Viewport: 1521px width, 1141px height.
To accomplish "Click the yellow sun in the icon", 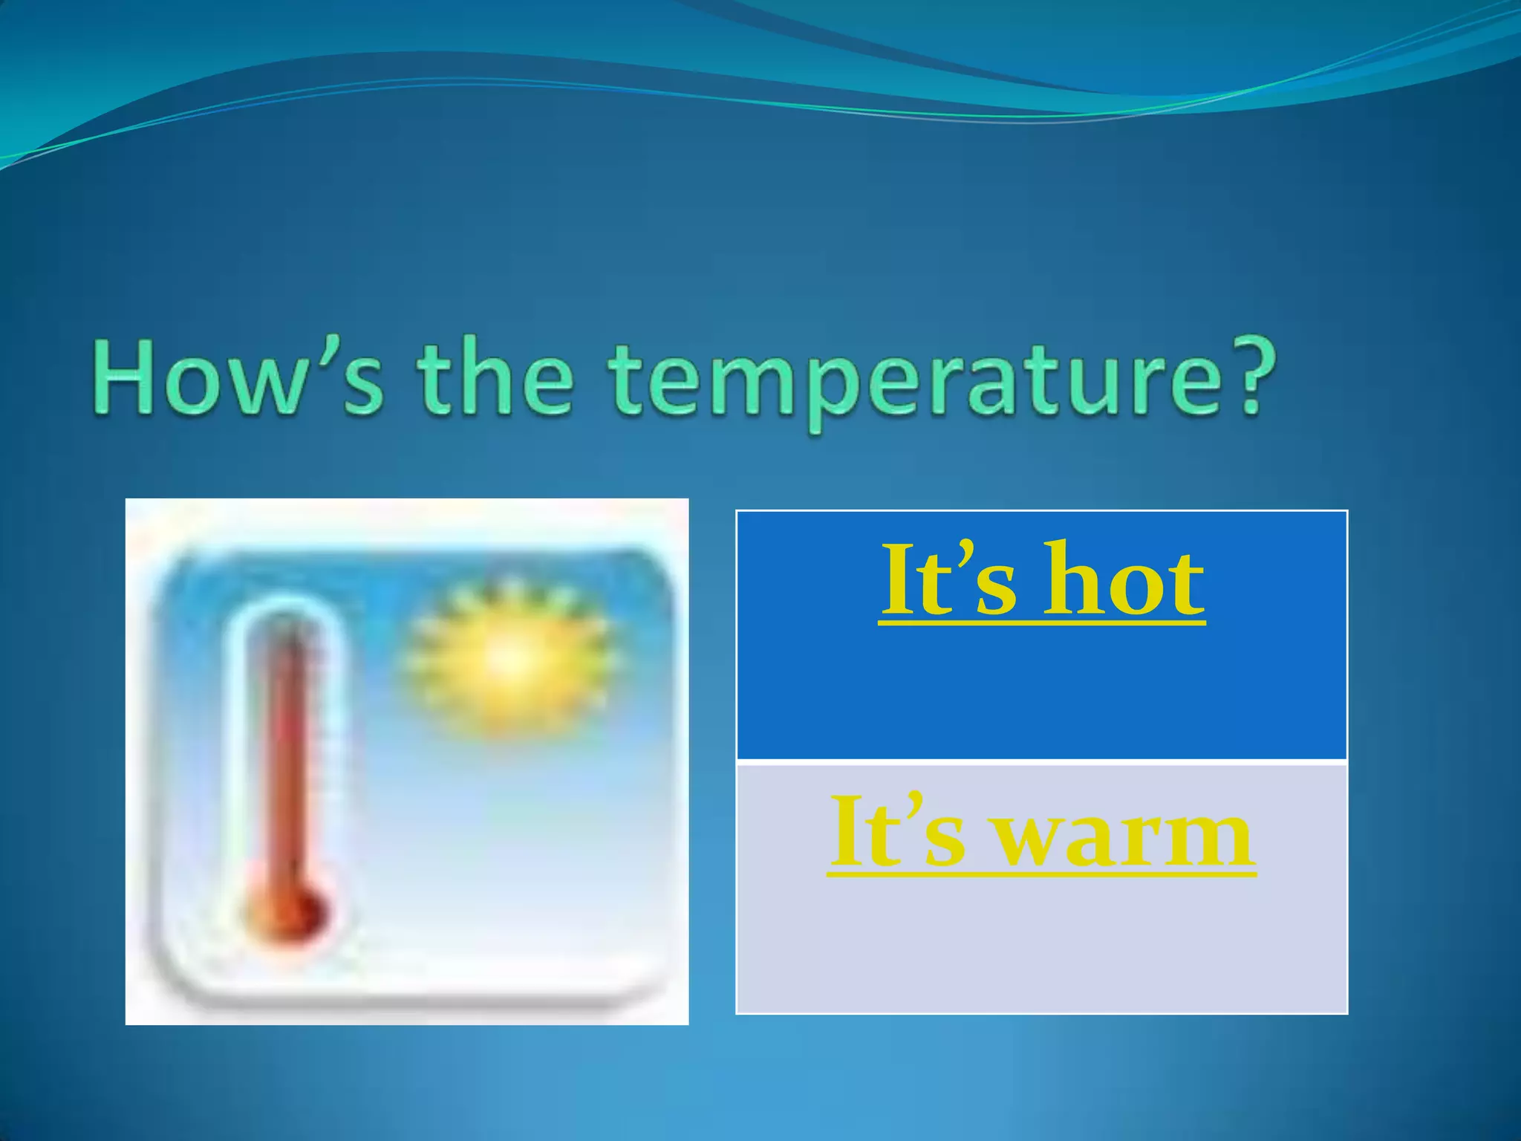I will point(511,657).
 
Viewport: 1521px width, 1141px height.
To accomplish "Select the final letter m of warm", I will point(1214,839).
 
